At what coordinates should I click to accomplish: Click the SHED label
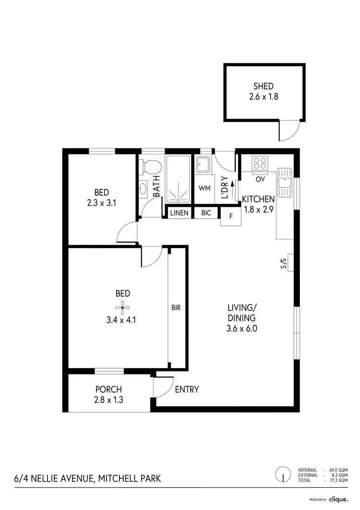coord(264,87)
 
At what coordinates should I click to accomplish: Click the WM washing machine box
coord(205,188)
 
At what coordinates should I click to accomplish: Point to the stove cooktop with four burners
coord(261,163)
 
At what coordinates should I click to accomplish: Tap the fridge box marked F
coord(231,216)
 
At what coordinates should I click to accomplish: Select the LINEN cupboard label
coord(180,212)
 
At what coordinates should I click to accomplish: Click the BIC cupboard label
coord(206,212)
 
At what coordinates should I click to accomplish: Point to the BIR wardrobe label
coord(176,307)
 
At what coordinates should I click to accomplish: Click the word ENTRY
coord(187,390)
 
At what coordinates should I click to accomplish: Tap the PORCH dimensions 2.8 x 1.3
coord(108,399)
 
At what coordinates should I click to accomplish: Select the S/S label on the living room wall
coord(283,263)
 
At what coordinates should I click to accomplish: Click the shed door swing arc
coord(289,132)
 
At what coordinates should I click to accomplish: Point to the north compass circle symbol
coord(283,475)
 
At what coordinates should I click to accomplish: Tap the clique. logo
coord(338,499)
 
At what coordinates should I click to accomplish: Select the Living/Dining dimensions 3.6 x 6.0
coord(242,329)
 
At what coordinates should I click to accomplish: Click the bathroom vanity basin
coord(143,188)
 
